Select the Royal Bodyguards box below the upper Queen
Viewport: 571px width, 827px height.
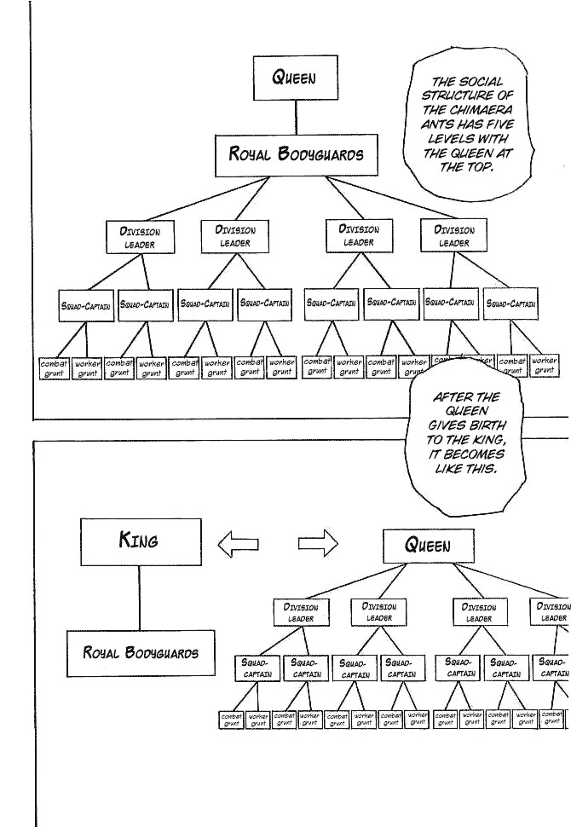pos(296,155)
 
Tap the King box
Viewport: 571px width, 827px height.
pos(141,541)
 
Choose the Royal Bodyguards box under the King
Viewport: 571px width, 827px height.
pos(141,653)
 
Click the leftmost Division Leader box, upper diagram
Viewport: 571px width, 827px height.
pos(140,237)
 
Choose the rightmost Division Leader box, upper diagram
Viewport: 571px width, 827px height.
pos(453,237)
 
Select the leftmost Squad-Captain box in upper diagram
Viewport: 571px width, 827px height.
pos(86,304)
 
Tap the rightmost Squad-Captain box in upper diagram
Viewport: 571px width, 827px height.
pos(511,304)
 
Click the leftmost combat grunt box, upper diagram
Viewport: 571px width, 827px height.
pos(55,367)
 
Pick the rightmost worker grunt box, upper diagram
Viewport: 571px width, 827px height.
pos(543,366)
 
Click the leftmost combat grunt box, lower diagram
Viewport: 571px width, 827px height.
pos(232,720)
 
